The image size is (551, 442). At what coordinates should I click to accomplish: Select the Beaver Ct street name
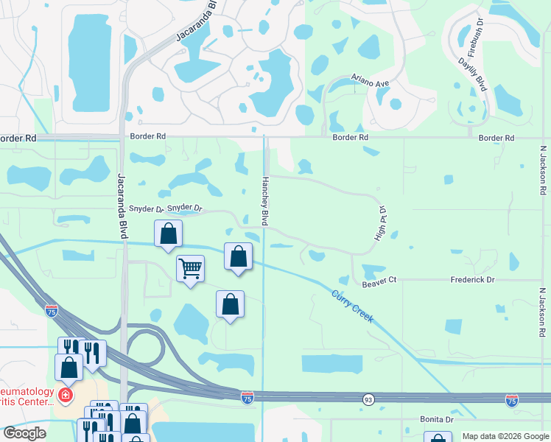click(379, 281)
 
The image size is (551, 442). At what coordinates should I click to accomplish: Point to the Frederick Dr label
click(472, 281)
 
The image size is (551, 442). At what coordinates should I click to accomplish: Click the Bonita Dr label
click(436, 419)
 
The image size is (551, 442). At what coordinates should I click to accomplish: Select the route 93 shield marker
click(368, 399)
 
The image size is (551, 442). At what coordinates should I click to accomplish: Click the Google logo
click(24, 433)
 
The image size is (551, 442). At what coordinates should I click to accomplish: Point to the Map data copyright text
click(505, 436)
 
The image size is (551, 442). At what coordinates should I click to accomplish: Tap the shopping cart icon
click(190, 269)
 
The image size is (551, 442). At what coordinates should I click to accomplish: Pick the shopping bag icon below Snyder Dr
click(168, 234)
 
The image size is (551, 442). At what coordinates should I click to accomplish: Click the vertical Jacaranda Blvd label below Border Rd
click(122, 206)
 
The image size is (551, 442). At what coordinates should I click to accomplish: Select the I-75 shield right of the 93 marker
click(512, 400)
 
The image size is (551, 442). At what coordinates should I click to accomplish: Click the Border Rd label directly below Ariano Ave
click(350, 138)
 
